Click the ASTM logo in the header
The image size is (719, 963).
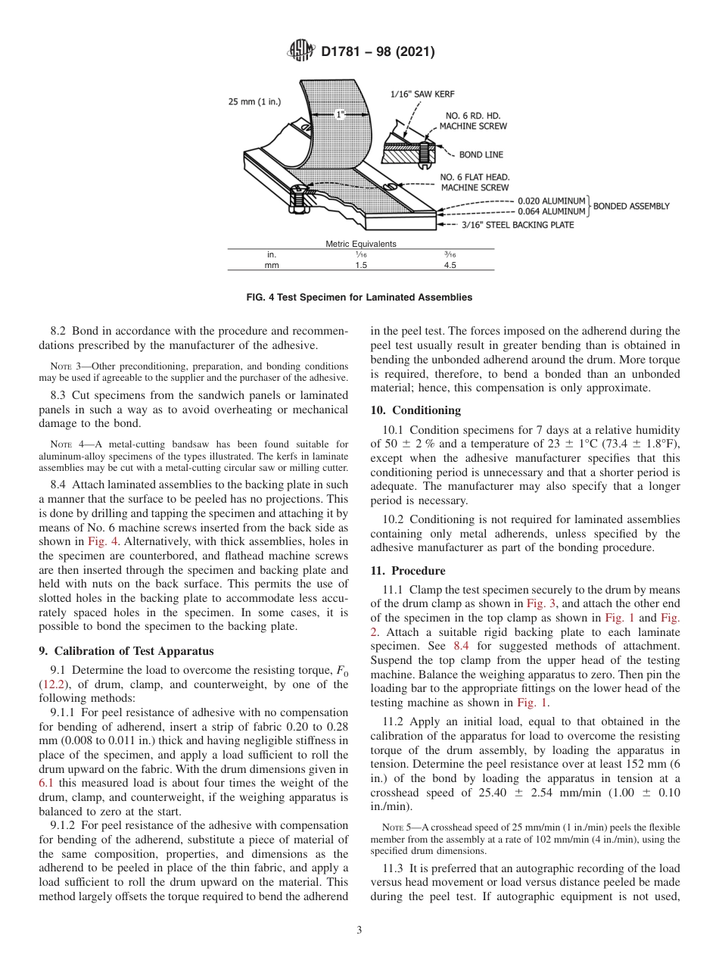click(300, 51)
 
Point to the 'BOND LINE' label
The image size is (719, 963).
click(481, 155)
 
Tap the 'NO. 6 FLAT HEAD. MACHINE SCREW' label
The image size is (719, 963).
click(475, 182)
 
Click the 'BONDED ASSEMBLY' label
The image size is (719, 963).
click(631, 206)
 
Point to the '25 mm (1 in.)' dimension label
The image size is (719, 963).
click(254, 101)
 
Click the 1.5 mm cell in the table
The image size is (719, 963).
click(361, 266)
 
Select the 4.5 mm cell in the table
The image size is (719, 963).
click(450, 266)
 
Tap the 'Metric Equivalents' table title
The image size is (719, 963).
click(360, 244)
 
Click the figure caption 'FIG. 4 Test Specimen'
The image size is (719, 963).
click(359, 298)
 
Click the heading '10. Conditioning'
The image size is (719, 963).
click(415, 410)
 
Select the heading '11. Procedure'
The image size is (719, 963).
click(408, 571)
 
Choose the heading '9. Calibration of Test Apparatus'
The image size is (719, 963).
click(126, 650)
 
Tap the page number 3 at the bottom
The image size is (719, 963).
click(359, 930)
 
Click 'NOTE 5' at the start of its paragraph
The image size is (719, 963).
click(394, 827)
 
